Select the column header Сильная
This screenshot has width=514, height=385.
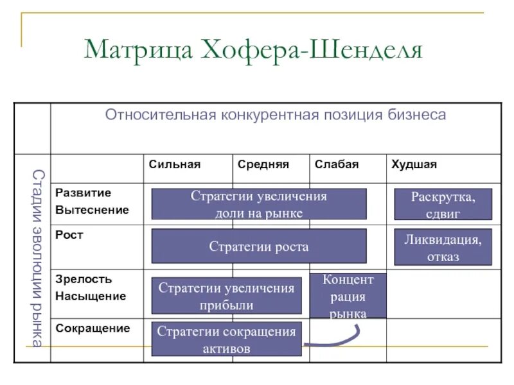click(175, 164)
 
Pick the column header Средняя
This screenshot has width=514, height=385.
click(263, 164)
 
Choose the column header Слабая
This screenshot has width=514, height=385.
click(336, 164)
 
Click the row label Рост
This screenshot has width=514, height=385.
click(69, 235)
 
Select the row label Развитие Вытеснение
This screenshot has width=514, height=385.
click(92, 201)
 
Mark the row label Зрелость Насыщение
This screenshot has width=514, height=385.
click(91, 288)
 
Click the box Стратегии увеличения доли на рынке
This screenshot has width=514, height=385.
click(259, 204)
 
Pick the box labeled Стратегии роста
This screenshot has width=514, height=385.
click(259, 246)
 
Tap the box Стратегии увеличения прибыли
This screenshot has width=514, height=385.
click(226, 296)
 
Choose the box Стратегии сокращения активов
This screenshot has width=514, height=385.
click(226, 339)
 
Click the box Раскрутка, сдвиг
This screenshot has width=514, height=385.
click(443, 204)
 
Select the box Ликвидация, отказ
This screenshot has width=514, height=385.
click(443, 247)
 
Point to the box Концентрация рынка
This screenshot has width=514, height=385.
click(348, 296)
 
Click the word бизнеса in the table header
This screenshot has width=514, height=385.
click(417, 115)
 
